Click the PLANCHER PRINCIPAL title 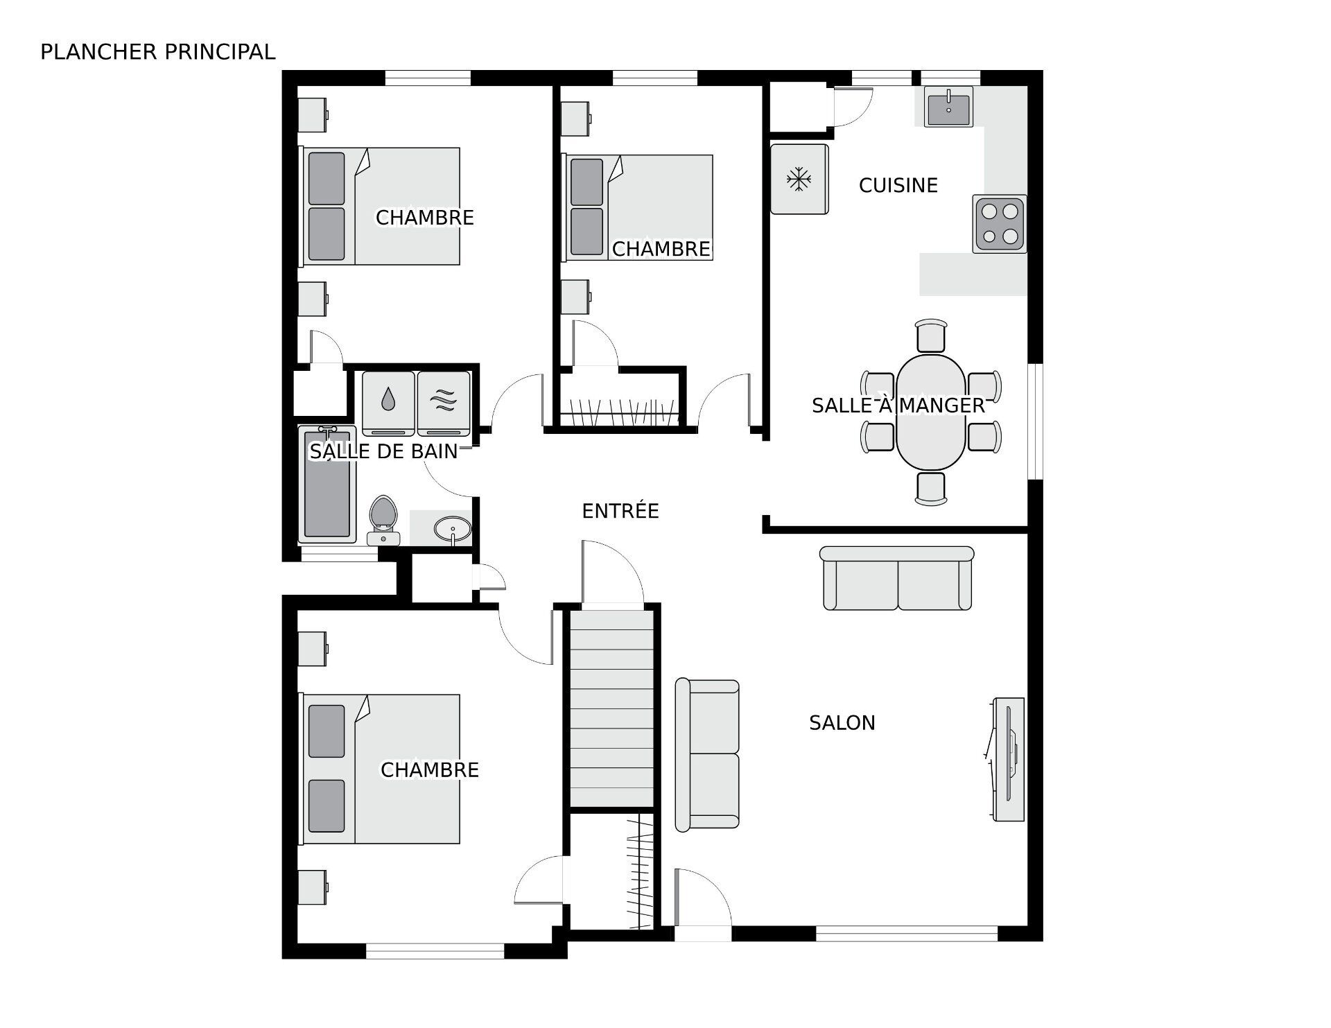(x=157, y=52)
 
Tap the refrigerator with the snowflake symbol (x=799, y=180)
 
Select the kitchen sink (x=948, y=107)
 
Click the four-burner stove (x=999, y=224)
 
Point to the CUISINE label (x=898, y=185)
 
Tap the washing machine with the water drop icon (x=388, y=403)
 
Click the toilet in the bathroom (x=383, y=518)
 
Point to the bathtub (x=326, y=485)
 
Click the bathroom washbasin (x=453, y=529)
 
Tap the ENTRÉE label (x=620, y=511)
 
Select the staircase (x=611, y=707)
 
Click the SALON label (x=842, y=723)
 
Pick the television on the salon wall (x=1007, y=759)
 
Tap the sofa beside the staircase (x=707, y=754)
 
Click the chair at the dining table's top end (x=930, y=336)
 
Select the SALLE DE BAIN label (x=383, y=451)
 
